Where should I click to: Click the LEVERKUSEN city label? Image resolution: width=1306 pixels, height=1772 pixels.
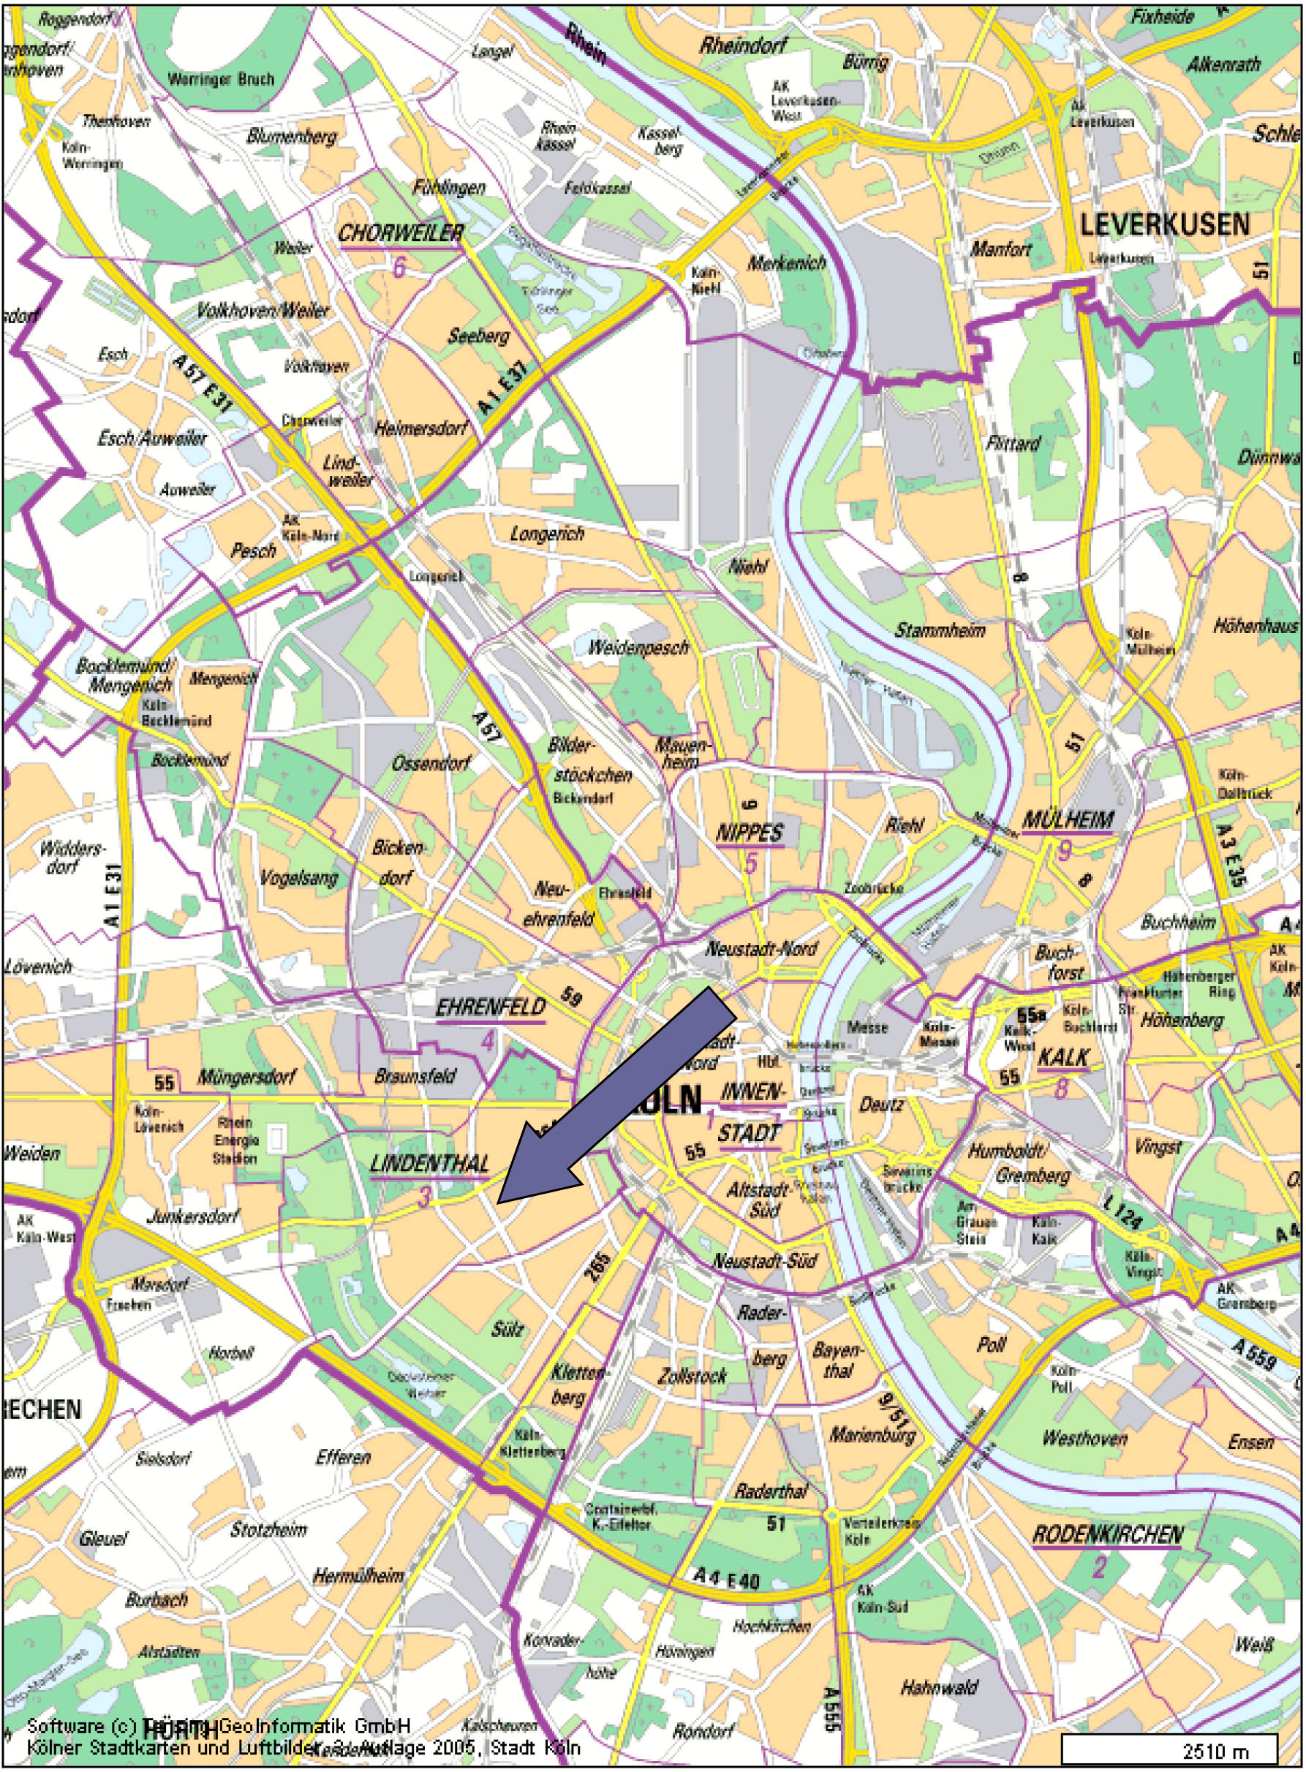point(1164,225)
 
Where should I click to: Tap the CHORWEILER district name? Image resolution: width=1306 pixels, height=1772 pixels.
point(401,234)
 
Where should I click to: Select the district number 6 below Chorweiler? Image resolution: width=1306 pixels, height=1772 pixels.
point(399,268)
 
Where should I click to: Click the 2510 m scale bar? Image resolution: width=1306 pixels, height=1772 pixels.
point(1169,1749)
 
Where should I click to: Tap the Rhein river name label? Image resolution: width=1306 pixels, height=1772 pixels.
point(586,43)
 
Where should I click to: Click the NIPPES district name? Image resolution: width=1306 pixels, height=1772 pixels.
point(749,832)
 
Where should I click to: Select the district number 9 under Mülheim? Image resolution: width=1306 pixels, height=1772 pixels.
point(1064,851)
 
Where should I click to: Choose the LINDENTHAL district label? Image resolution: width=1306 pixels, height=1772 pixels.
point(429,1163)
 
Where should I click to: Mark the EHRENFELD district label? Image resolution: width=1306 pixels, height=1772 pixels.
point(490,1007)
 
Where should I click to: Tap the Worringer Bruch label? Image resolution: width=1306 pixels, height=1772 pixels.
point(221,79)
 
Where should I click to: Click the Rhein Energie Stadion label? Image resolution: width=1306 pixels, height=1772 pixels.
point(235,1140)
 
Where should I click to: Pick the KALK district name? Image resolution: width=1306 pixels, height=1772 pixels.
point(1063,1057)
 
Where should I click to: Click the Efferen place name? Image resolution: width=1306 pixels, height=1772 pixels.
point(342,1457)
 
